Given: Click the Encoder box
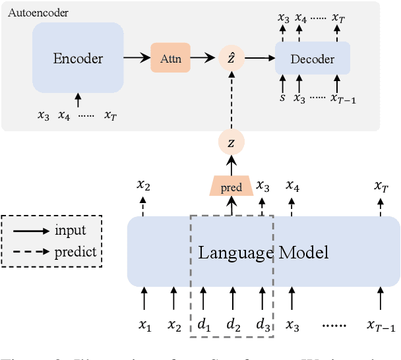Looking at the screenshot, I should tap(78, 58).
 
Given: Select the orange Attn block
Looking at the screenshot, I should tap(170, 59).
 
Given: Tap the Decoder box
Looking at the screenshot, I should tap(312, 59).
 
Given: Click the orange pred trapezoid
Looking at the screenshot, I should tap(231, 187).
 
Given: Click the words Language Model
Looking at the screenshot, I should tap(263, 252).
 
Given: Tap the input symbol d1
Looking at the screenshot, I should tap(204, 325).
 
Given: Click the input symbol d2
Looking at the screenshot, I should tap(232, 325).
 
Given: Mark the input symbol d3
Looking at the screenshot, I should tap(262, 325).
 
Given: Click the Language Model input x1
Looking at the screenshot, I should tap(144, 326).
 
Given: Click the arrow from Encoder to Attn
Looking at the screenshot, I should tap(137, 59).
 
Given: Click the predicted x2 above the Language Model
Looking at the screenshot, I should tap(143, 185).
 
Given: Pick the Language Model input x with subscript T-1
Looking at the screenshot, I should tap(381, 326).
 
